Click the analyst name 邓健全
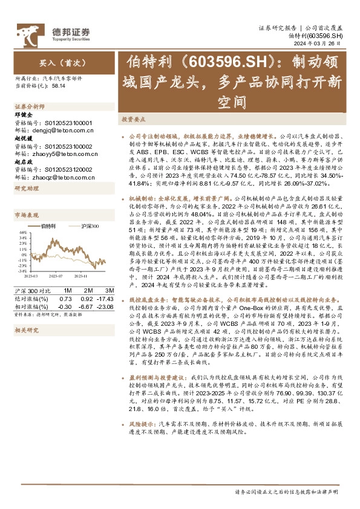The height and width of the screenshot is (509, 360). [23, 114]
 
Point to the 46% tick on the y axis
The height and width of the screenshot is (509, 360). [22, 232]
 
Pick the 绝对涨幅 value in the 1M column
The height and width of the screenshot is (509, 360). [66, 299]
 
